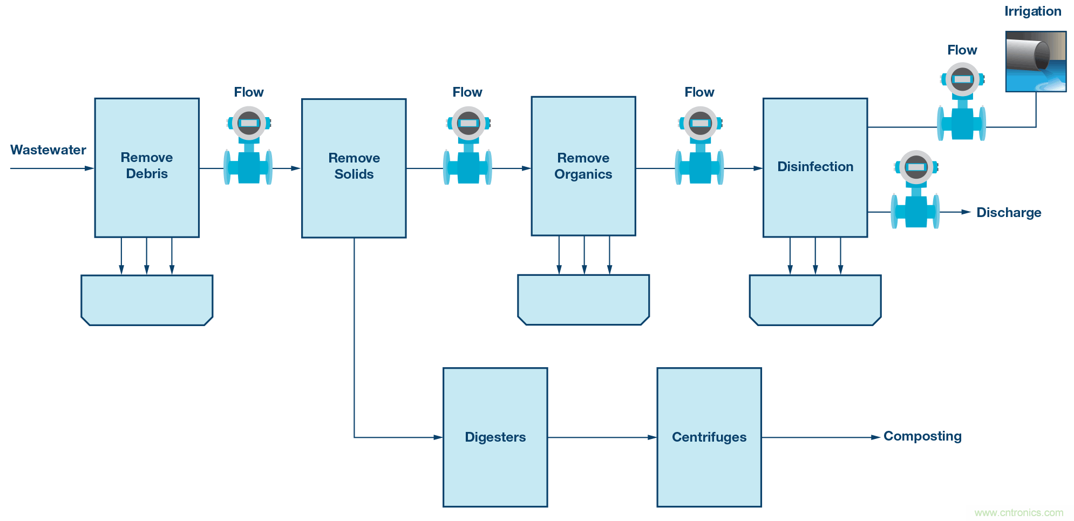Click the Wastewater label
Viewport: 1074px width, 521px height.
(48, 150)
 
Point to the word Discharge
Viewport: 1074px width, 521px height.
(1008, 213)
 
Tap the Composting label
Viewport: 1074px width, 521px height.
(922, 436)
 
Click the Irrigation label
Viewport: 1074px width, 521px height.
(1032, 11)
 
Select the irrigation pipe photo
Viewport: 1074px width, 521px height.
(1035, 61)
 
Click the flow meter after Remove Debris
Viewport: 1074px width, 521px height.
(248, 146)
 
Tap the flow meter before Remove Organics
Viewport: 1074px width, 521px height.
(467, 146)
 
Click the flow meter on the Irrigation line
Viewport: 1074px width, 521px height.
(961, 102)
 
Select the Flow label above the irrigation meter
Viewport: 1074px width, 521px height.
(962, 50)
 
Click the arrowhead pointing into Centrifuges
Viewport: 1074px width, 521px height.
(652, 437)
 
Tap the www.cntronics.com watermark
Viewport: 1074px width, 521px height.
(1018, 513)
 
